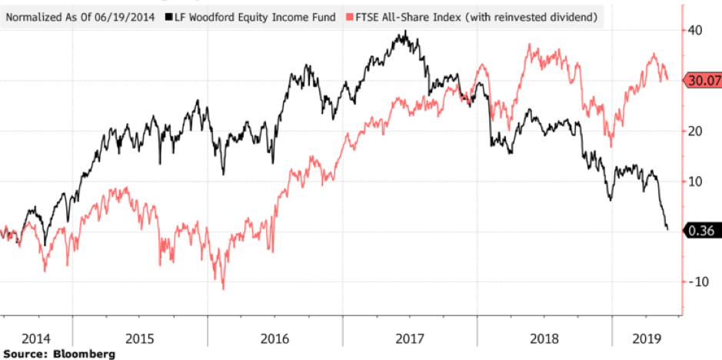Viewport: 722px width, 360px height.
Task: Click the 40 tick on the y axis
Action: [x=694, y=30]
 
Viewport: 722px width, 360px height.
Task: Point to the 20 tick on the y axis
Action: [x=694, y=131]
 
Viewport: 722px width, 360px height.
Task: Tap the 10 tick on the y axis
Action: [x=694, y=182]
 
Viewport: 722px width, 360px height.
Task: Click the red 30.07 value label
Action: [x=701, y=81]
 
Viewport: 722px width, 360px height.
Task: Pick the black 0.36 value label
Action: [x=701, y=230]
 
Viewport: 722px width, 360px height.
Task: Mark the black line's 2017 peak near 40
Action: [x=406, y=32]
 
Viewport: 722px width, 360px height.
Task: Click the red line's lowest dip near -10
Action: [x=223, y=289]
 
